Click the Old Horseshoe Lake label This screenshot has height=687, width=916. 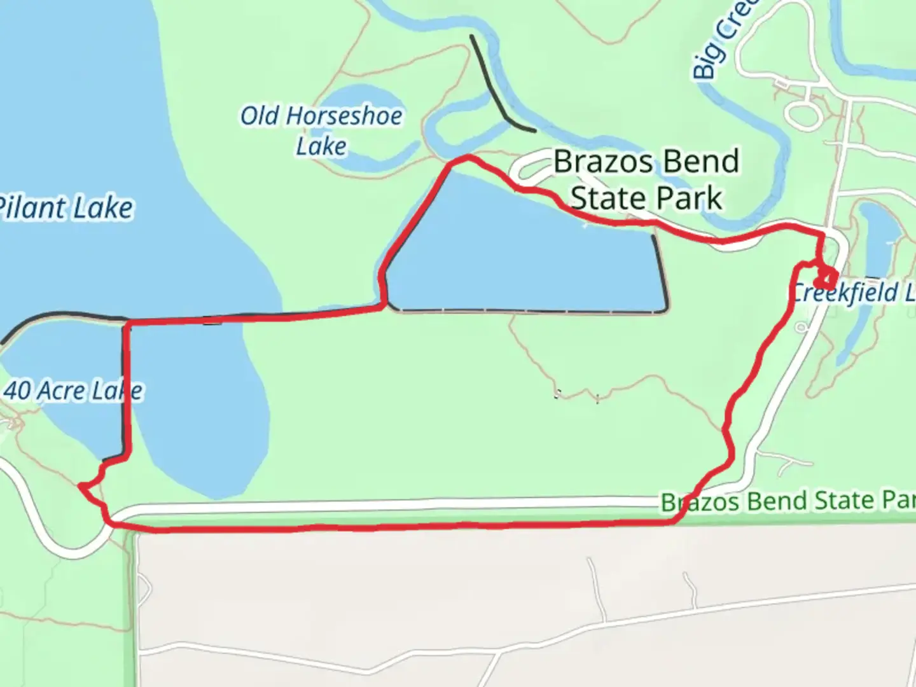coord(321,131)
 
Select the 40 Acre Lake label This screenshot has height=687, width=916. coord(73,391)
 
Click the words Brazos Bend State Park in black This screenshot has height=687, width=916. coord(646,179)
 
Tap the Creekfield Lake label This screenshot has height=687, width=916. coord(852,293)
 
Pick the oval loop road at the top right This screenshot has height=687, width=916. coord(804,115)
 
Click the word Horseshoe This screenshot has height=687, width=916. coord(343,116)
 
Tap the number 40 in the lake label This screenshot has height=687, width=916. coord(18,391)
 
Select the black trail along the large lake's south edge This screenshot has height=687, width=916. coord(528,312)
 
